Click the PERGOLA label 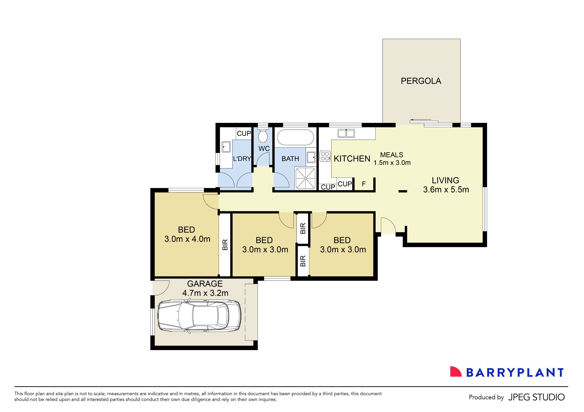click(x=421, y=81)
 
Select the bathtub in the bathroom click(x=295, y=137)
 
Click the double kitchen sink click(x=346, y=133)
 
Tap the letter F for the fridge click(x=364, y=184)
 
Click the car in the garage click(x=199, y=316)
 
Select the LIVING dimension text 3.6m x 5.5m click(x=446, y=190)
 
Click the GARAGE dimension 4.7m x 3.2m click(x=205, y=293)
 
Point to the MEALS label click(x=392, y=155)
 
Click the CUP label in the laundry click(x=244, y=133)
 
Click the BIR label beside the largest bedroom click(x=225, y=245)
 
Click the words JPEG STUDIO click(x=536, y=397)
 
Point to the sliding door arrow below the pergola click(x=420, y=119)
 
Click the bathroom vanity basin click(x=311, y=157)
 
